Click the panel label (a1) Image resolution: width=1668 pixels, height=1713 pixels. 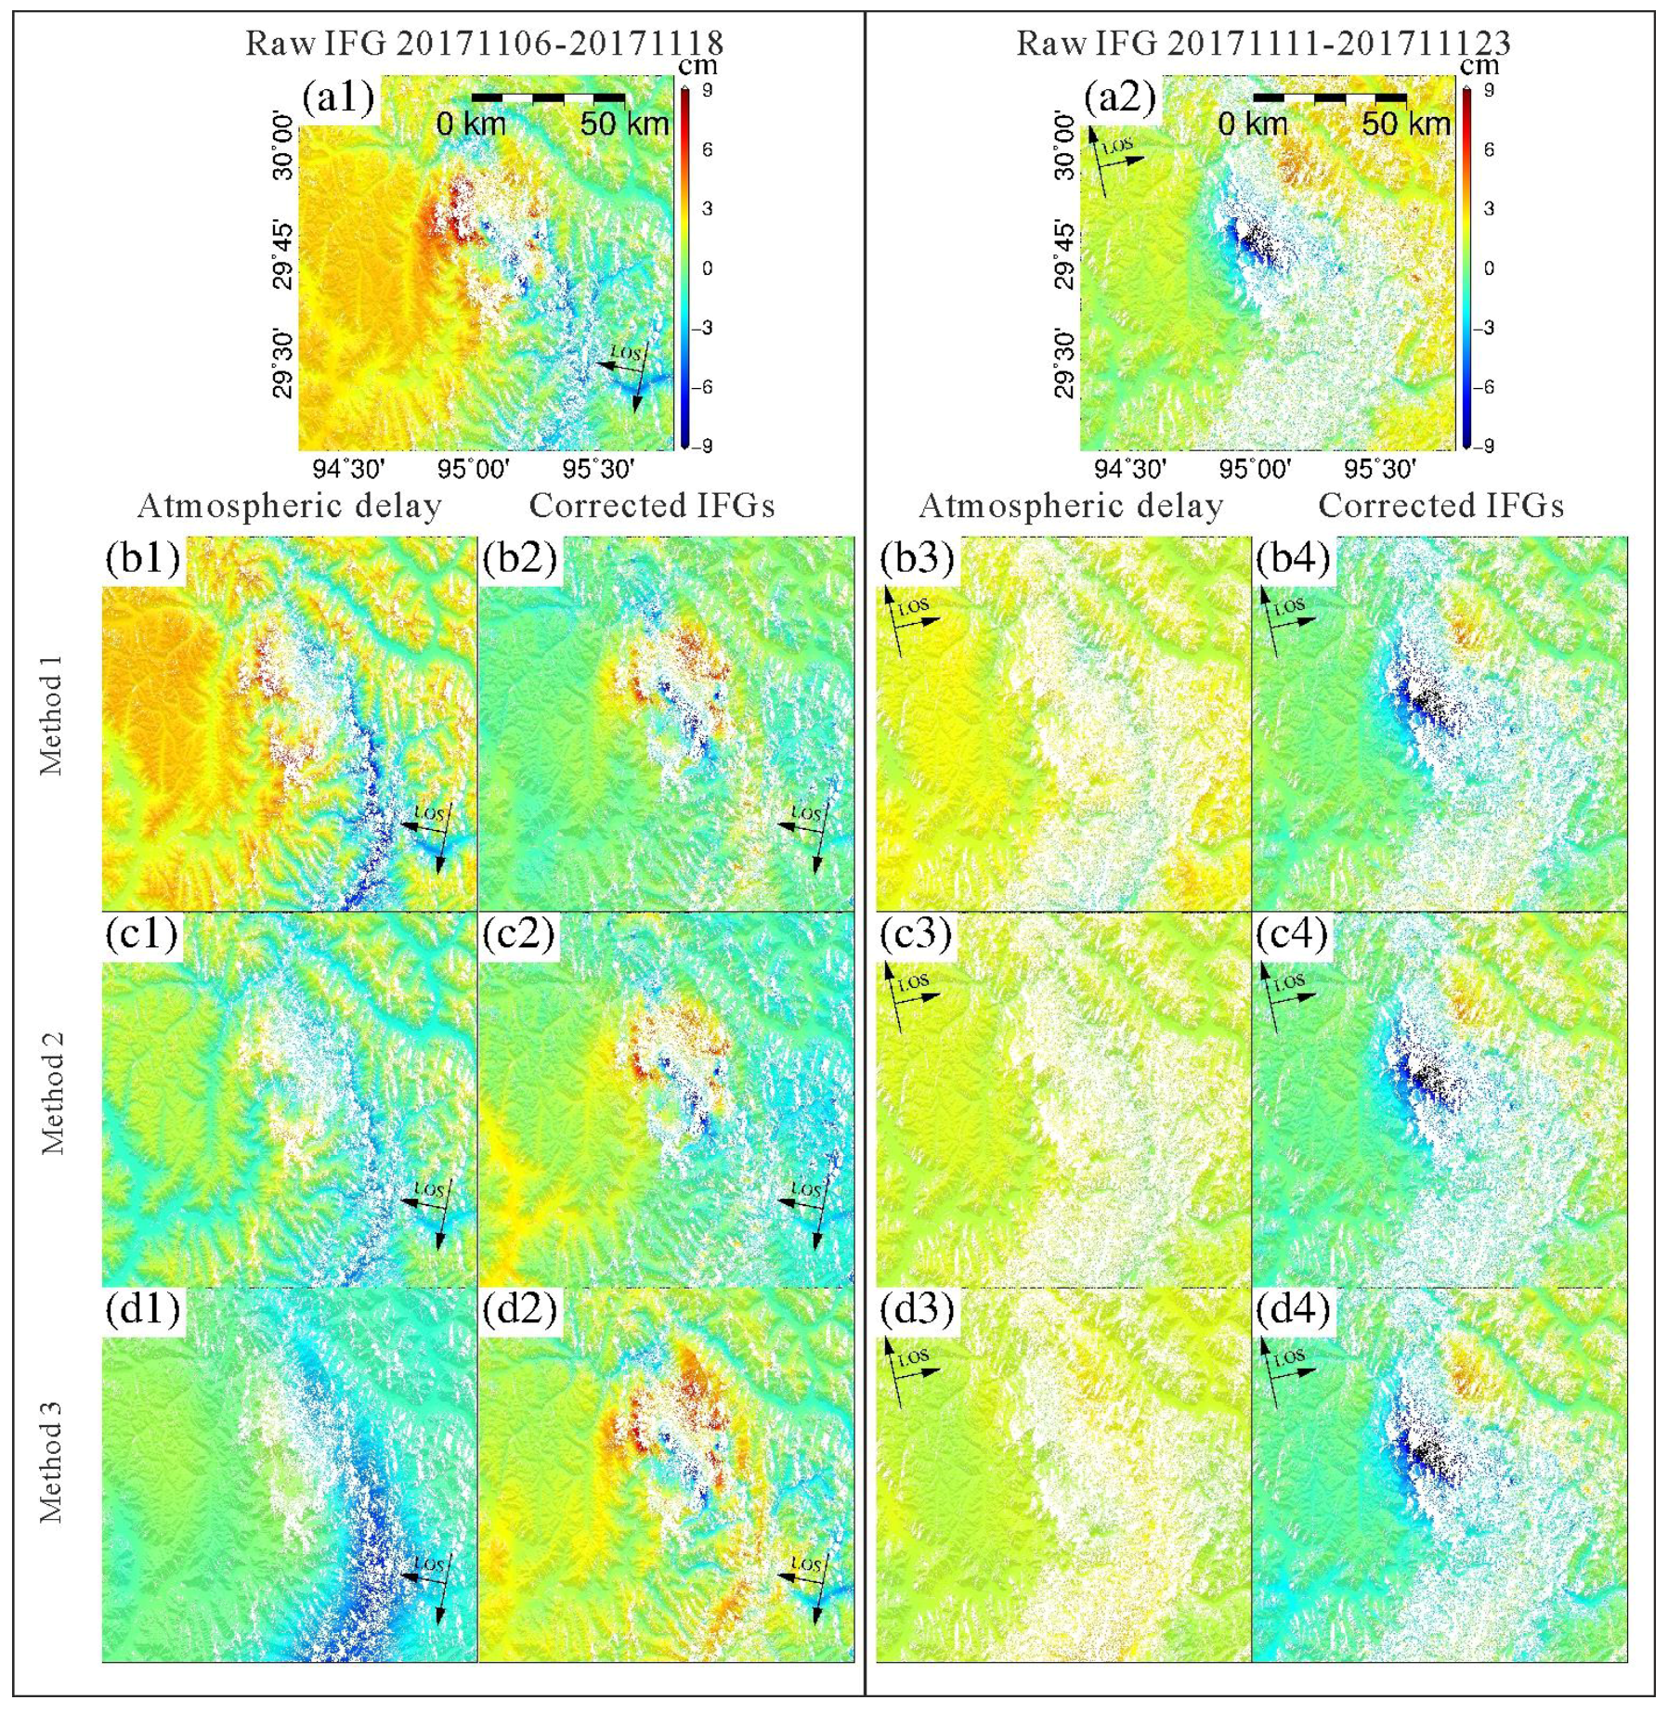point(338,97)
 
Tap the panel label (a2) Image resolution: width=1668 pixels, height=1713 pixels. point(1120,97)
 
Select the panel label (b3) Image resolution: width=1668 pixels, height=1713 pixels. point(918,558)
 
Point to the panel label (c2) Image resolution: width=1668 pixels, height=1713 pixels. point(518,934)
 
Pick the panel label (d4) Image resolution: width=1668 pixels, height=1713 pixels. point(1293,1309)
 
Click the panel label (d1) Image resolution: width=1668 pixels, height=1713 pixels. point(141,1309)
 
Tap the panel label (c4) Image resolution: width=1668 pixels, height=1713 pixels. point(1293,934)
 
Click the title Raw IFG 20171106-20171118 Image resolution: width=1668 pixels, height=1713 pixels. point(484,43)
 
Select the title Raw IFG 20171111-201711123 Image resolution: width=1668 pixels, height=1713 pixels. point(1263,43)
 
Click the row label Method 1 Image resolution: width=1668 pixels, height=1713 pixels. point(51,715)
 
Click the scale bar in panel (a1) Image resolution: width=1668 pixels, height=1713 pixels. point(548,97)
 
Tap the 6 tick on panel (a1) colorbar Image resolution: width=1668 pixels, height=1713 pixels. point(708,149)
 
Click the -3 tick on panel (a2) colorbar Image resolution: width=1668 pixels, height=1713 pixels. point(1487,328)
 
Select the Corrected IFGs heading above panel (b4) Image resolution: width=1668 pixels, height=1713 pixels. point(1440,506)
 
